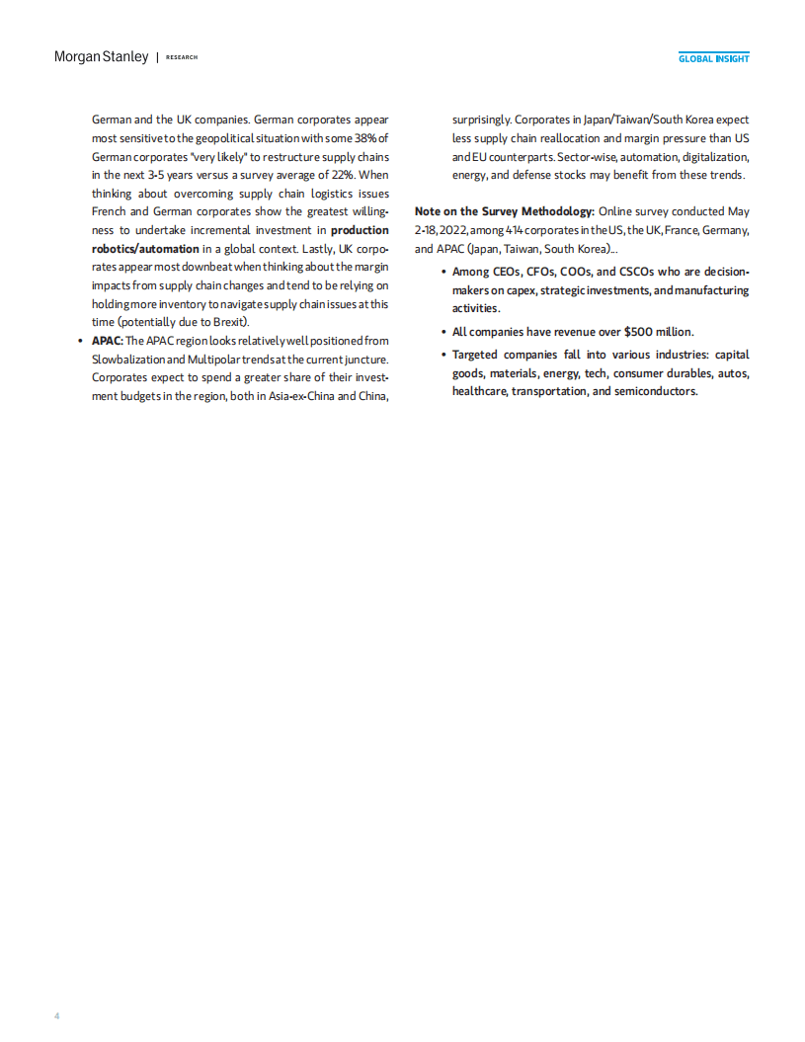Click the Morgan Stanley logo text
[x=101, y=57]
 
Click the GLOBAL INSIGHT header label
[x=713, y=58]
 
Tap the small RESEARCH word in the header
[x=182, y=57]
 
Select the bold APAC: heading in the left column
[x=108, y=341]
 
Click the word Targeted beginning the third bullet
[x=478, y=354]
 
